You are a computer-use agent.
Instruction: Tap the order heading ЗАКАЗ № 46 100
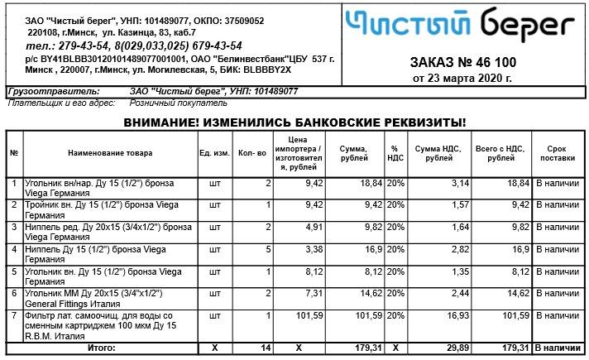462,63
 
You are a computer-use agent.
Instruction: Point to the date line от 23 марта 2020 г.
462,78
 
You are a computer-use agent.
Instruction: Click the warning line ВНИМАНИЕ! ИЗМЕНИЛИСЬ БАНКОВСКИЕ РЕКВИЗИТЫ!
295,122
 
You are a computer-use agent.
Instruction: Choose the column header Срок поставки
556,153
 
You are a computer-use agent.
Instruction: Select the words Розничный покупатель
178,104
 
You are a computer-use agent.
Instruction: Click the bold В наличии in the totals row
557,348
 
